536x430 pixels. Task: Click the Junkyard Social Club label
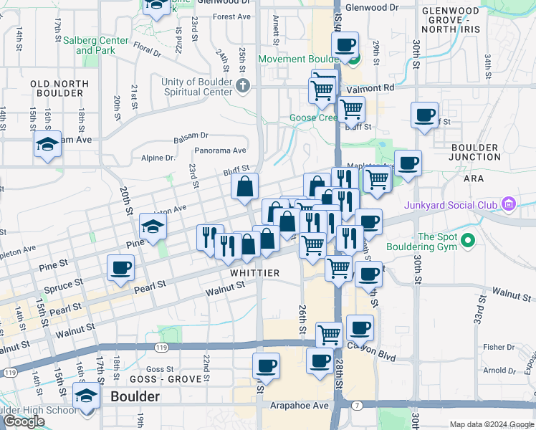(450, 205)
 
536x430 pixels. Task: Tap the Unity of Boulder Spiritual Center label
(196, 87)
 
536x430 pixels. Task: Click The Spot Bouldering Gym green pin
(469, 239)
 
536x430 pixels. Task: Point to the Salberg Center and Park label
(95, 46)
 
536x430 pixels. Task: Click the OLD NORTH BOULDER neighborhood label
(59, 89)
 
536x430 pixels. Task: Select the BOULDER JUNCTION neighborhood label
(474, 152)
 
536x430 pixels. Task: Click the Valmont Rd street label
(379, 87)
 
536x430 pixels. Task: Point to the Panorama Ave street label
(221, 150)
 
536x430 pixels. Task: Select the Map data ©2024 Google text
(492, 424)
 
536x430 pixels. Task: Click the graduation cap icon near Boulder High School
(87, 395)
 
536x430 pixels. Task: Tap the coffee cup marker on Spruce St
(120, 269)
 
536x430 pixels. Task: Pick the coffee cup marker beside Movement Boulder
(346, 45)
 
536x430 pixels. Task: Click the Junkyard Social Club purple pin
(509, 205)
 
